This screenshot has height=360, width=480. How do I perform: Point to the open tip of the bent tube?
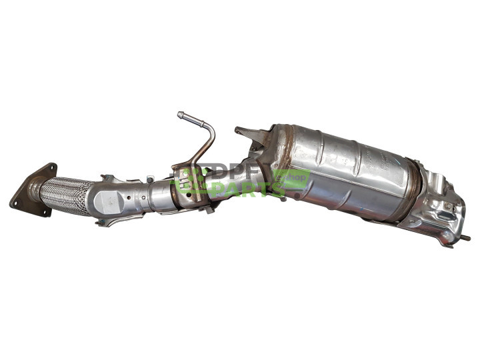click(x=180, y=115)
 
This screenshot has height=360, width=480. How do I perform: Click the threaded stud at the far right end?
click(x=465, y=237)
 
